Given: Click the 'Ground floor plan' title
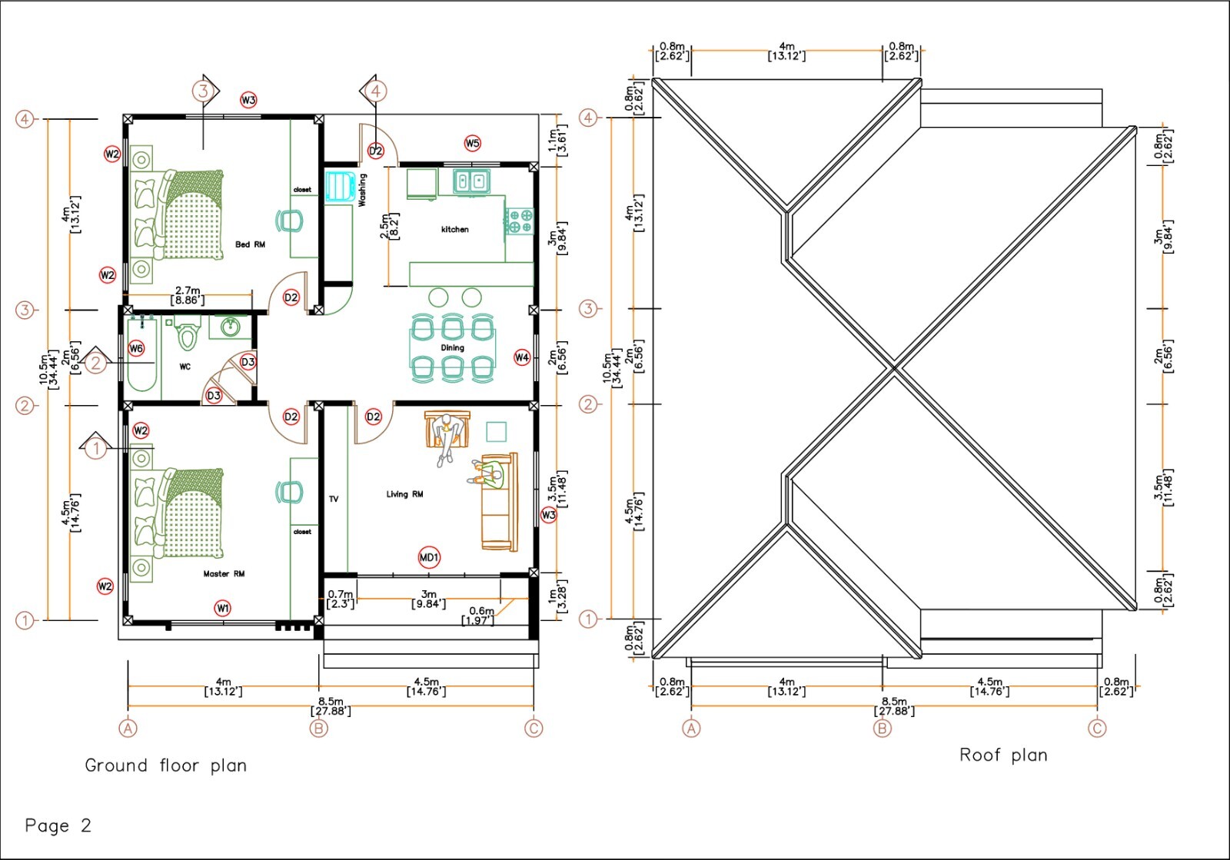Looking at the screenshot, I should click(165, 765).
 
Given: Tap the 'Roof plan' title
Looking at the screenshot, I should click(1002, 755).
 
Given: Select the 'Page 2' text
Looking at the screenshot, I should click(58, 826).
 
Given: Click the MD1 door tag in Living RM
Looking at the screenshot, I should click(429, 557).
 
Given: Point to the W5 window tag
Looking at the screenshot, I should click(472, 143).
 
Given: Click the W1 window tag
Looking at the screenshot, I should click(222, 608).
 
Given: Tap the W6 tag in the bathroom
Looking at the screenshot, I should click(136, 348).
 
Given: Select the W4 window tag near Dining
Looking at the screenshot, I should click(522, 357).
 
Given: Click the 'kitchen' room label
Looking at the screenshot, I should click(454, 229).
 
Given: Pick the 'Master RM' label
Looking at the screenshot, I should click(224, 573).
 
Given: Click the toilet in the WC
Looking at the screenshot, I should click(187, 336).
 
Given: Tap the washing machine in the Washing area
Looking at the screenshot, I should click(338, 187).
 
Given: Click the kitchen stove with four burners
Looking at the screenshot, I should click(520, 221).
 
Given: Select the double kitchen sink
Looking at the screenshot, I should click(471, 181).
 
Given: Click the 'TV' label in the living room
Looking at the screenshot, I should click(334, 499).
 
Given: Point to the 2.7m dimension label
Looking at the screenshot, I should click(188, 296).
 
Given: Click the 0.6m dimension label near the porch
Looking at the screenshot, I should click(480, 616).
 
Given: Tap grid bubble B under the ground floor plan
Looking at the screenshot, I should click(318, 728).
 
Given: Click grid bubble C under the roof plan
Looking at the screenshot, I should click(1097, 728).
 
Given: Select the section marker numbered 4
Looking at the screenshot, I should click(374, 91).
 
